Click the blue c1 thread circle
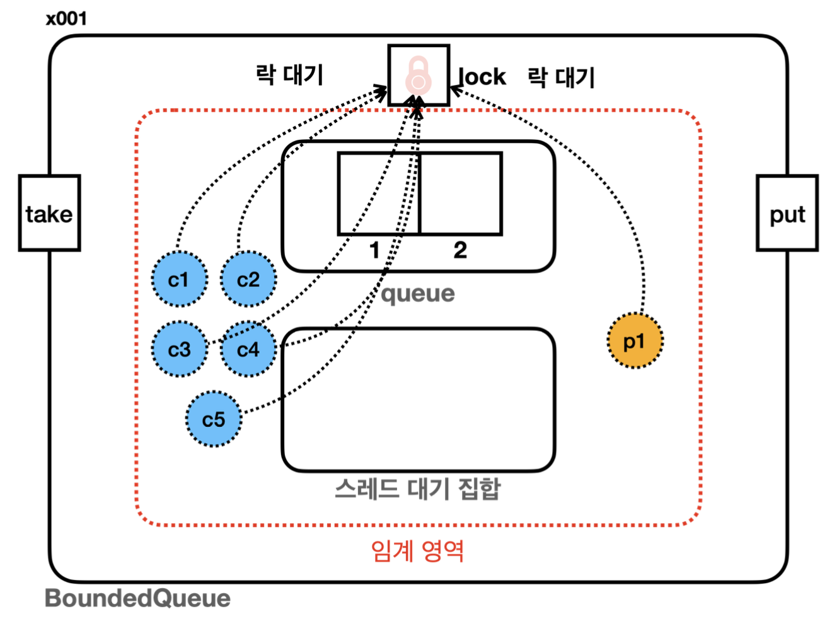point(179,279)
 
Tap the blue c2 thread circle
point(248,279)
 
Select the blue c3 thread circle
point(179,349)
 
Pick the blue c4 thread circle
point(248,349)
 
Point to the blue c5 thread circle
point(214,419)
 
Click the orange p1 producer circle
point(635,341)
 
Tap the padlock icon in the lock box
point(419,76)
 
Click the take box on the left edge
point(49,214)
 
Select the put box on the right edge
point(787,214)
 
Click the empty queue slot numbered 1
point(378,194)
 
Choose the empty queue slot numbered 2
point(461,194)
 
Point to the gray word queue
point(418,294)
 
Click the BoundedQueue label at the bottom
point(137,598)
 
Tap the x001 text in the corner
point(66,18)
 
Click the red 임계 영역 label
point(417,551)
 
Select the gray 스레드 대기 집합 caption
point(417,489)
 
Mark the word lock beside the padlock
point(483,77)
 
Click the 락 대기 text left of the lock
point(289,74)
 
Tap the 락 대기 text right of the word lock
point(561,78)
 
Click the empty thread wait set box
point(418,400)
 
